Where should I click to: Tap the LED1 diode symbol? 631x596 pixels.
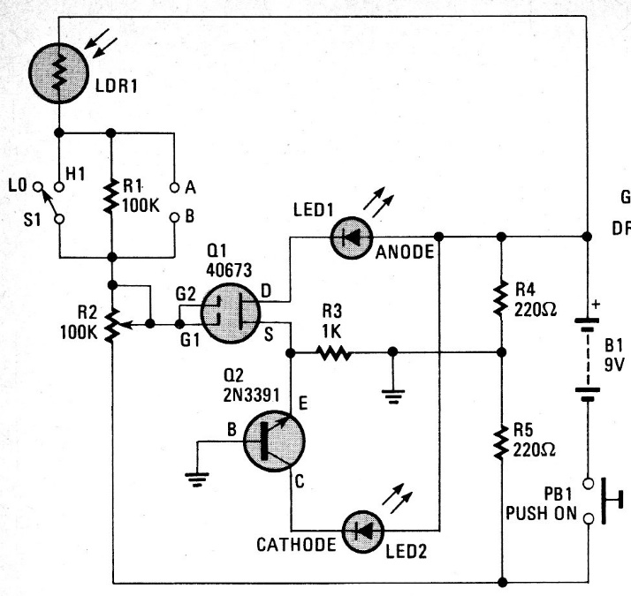353,237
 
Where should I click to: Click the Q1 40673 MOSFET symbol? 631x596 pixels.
232,312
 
